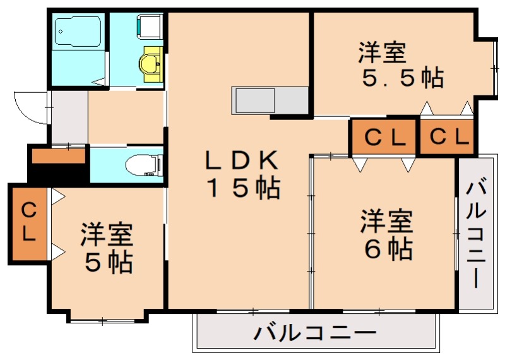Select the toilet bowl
(142, 165)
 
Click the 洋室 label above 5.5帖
(381, 52)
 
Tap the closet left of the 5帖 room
(28, 222)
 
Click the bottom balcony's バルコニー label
(315, 332)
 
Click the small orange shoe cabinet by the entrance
(58, 155)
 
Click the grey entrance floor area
(68, 117)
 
